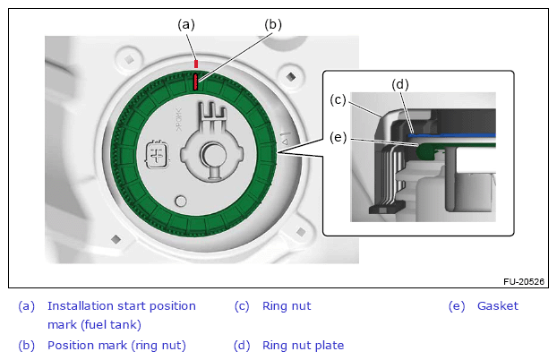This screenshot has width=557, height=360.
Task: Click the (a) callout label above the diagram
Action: click(186, 24)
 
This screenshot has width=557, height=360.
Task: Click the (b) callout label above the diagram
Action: click(273, 24)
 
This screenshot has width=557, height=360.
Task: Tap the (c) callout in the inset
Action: click(338, 100)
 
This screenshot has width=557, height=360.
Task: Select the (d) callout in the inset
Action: click(400, 84)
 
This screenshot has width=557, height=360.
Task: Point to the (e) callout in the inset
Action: click(338, 137)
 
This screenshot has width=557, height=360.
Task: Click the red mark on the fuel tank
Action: click(196, 64)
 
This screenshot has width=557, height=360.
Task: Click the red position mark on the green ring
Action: click(195, 81)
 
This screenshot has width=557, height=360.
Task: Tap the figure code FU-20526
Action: click(524, 281)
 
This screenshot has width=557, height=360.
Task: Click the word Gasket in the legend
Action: click(497, 306)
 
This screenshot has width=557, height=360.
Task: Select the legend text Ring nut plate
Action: click(303, 346)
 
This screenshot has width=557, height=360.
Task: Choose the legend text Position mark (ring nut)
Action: click(116, 346)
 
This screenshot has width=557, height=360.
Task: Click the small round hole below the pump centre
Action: click(181, 201)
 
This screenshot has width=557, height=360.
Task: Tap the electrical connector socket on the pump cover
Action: click(158, 155)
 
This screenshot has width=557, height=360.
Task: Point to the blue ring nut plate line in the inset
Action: click(451, 135)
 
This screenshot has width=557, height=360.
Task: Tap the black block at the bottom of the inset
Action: click(388, 207)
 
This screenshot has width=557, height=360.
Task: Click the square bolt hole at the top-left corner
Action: click(129, 59)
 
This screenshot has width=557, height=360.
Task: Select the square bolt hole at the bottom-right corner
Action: click(301, 232)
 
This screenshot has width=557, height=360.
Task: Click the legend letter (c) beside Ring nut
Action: click(242, 306)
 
